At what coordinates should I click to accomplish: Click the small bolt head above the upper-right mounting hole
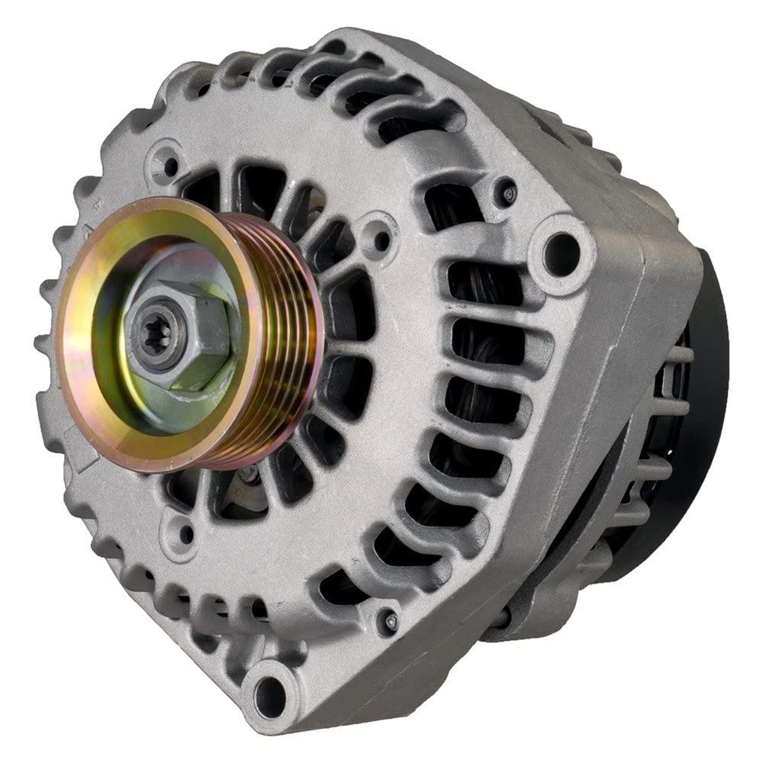pos(505,190)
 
